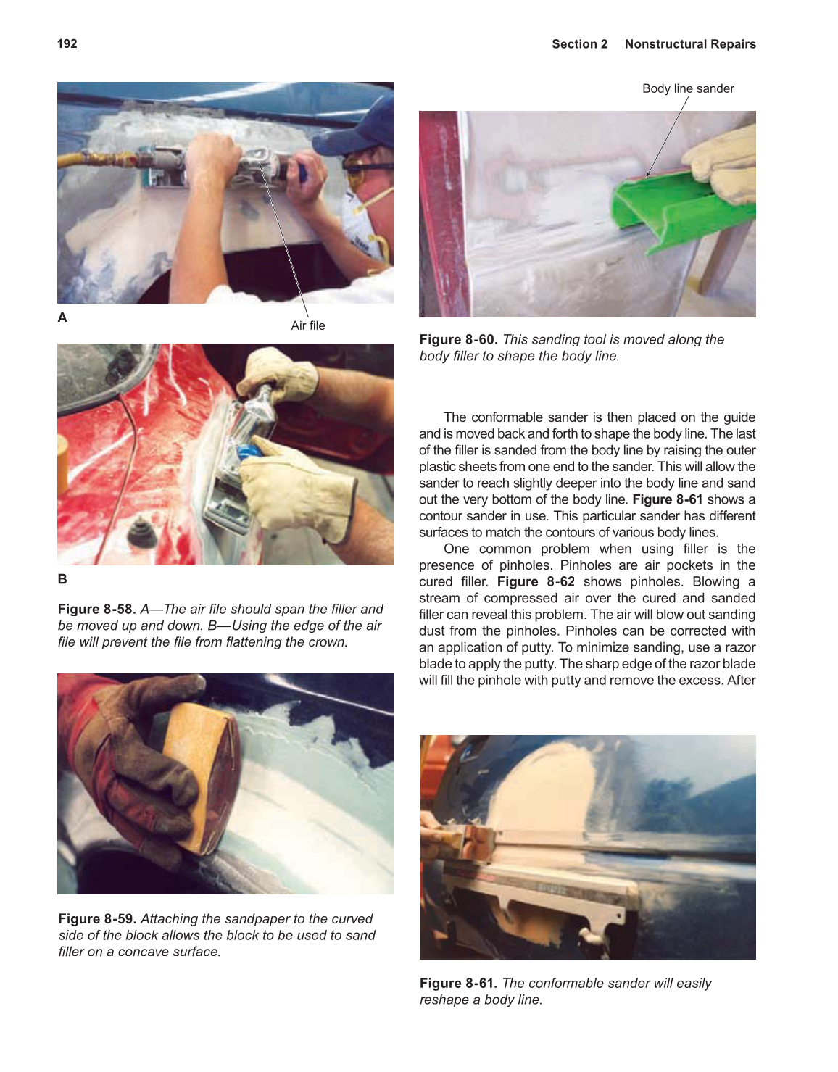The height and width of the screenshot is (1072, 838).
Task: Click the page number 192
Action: click(67, 43)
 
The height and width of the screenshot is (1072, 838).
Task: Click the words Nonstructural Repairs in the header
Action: click(689, 44)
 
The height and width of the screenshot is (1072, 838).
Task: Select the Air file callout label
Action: click(307, 325)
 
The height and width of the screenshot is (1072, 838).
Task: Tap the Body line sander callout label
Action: click(687, 88)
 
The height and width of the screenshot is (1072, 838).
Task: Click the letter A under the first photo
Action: click(62, 317)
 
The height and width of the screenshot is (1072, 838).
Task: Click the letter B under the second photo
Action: click(62, 579)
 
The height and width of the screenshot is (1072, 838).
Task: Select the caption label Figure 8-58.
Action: click(97, 610)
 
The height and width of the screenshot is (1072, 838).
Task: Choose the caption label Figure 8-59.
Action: click(97, 919)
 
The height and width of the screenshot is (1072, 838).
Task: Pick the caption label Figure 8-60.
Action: click(458, 340)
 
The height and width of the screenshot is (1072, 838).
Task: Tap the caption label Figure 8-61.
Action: click(458, 984)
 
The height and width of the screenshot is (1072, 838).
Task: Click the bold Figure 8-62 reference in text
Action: click(536, 582)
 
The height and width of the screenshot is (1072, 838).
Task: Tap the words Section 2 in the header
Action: click(579, 44)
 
